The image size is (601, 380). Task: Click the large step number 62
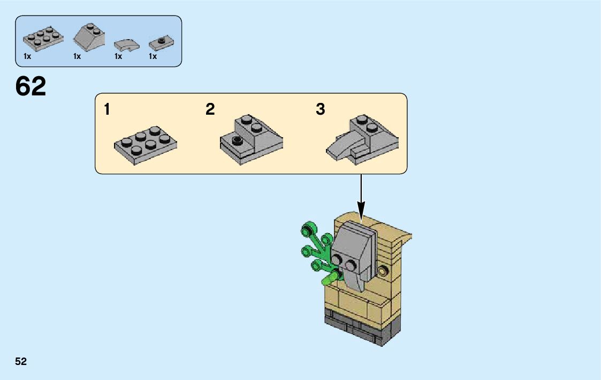31,86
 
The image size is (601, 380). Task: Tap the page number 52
21,362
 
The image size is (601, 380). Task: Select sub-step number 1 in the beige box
107,110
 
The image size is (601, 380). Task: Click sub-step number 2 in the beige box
210,110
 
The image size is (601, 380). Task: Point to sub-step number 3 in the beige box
320,110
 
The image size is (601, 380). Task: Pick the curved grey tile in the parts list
127,44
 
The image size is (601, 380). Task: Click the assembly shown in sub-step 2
250,139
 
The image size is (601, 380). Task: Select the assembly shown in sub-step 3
362,139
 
